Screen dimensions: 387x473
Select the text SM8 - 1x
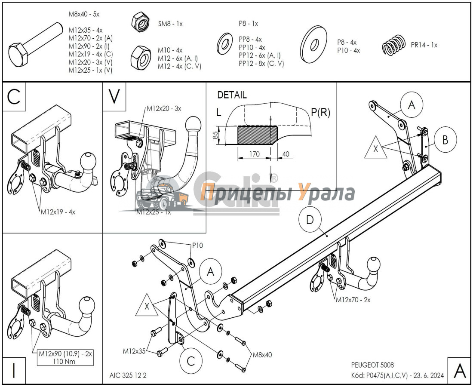pyautogui.click(x=170, y=24)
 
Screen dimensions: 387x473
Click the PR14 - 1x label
pyautogui.click(x=424, y=45)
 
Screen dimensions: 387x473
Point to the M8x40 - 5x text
pyautogui.click(x=84, y=14)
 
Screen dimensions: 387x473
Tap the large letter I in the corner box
pyautogui.click(x=14, y=370)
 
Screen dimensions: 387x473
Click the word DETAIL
pyautogui.click(x=232, y=95)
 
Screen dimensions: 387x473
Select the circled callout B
pyautogui.click(x=445, y=140)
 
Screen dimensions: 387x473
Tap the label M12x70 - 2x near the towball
pyautogui.click(x=353, y=300)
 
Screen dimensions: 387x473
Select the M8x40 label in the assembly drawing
pyautogui.click(x=262, y=355)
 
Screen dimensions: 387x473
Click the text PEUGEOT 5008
pyautogui.click(x=372, y=365)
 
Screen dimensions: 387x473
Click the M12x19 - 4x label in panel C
pyautogui.click(x=58, y=212)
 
